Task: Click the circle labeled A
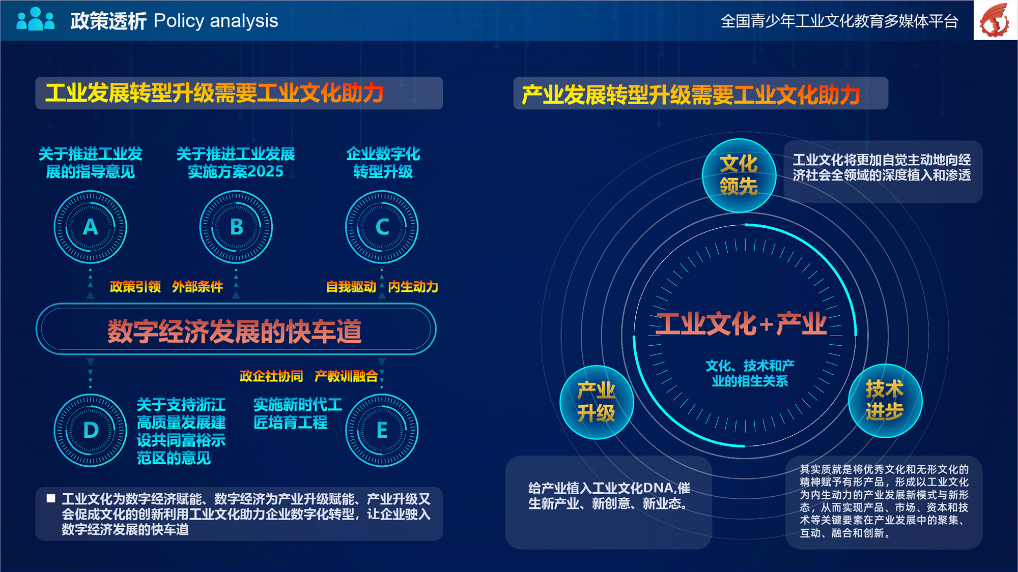point(91,227)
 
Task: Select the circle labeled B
point(236,227)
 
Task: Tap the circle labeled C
point(382,227)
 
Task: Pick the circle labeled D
point(91,430)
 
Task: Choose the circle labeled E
point(382,430)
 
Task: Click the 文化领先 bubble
point(739,175)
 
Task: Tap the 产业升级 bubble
point(597,402)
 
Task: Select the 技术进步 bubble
point(885,401)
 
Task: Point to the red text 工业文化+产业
point(741,324)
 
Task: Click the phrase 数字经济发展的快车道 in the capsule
point(235,331)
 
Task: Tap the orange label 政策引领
point(135,287)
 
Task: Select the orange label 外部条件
point(197,287)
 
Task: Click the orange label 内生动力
point(413,287)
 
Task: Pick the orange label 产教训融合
point(346,376)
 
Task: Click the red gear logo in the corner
point(995,20)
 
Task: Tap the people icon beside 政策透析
point(35,19)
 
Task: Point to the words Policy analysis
point(216,21)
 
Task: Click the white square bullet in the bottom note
point(51,498)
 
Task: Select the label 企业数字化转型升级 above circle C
point(383,163)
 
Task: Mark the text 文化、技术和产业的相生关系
point(750,373)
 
